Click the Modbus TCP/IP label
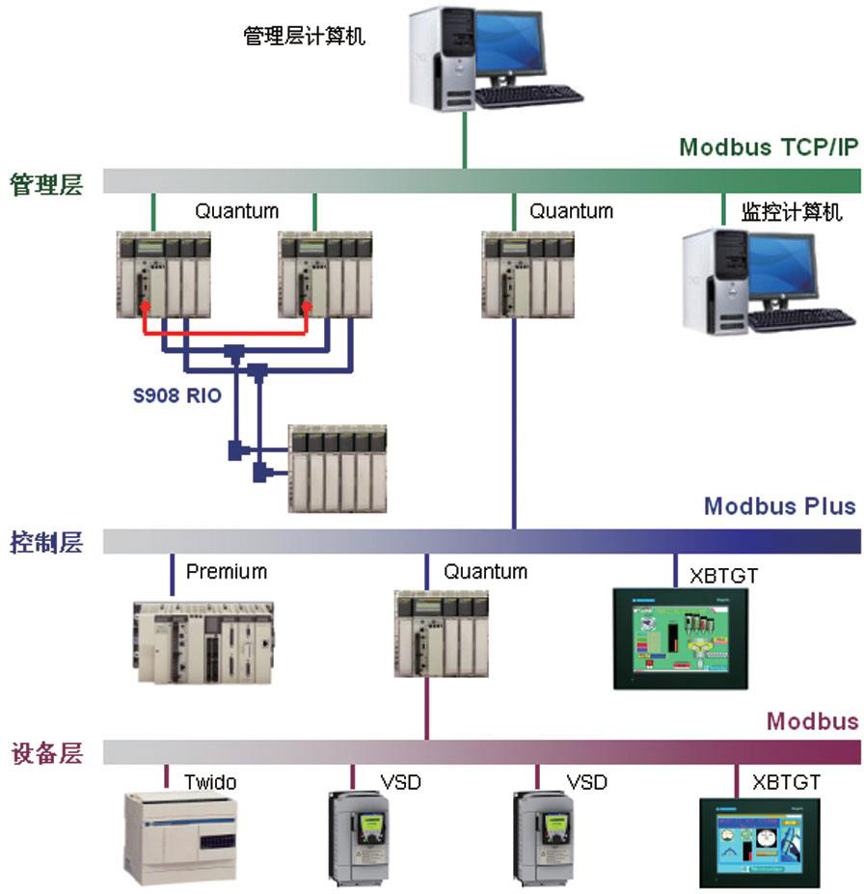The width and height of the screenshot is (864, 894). point(769,148)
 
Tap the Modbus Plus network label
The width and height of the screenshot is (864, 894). point(779,506)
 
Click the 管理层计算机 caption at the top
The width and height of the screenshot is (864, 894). point(305,37)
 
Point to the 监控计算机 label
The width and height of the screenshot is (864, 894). point(792,211)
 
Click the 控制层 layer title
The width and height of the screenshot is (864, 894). point(46,542)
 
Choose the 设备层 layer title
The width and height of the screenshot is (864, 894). point(46,752)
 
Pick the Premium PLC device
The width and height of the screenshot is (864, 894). point(203,641)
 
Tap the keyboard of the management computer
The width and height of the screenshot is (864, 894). point(528,95)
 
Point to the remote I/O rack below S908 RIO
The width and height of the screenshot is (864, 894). point(337,468)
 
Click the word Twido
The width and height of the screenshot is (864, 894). point(210,781)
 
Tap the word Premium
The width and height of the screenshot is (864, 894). point(227,572)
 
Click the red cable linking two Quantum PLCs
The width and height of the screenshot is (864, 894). point(225,333)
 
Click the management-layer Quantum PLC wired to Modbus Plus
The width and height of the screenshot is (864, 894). point(522,275)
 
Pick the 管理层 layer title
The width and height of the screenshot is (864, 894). point(46,183)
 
